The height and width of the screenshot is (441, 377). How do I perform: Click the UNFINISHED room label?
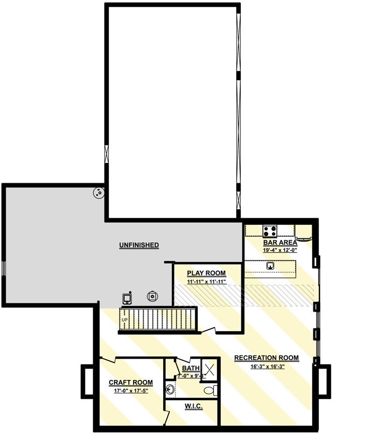point(139,245)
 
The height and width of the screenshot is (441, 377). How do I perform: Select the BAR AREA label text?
point(280,242)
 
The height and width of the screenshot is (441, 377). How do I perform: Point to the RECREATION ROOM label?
point(266,358)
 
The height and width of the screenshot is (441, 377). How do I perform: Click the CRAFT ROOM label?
point(130,383)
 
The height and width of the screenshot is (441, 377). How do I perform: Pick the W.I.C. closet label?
point(193,406)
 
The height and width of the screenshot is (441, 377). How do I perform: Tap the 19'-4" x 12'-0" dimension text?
point(280,250)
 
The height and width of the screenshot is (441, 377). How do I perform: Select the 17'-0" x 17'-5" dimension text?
point(131,391)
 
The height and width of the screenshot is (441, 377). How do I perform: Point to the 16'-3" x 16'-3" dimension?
point(267,366)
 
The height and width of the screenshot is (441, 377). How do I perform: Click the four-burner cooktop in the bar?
point(270,230)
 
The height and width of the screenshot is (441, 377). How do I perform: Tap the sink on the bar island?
point(270,266)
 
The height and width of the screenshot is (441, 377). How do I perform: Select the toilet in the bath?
point(210,390)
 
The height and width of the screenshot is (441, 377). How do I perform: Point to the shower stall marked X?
point(209,369)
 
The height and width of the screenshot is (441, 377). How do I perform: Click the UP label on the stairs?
point(124,320)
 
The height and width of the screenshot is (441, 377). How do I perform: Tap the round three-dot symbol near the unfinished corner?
point(98,194)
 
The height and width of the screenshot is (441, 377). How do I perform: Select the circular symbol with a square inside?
point(152,297)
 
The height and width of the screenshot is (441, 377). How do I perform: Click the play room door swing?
point(210,330)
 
